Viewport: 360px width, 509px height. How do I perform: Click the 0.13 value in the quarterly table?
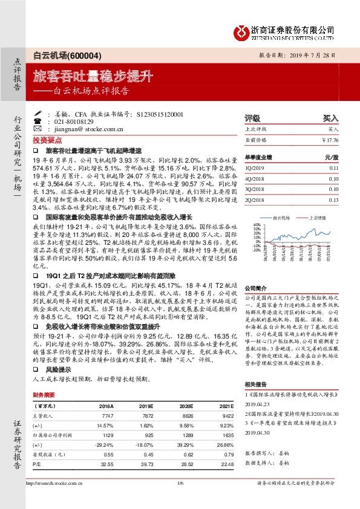coord(333,199)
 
